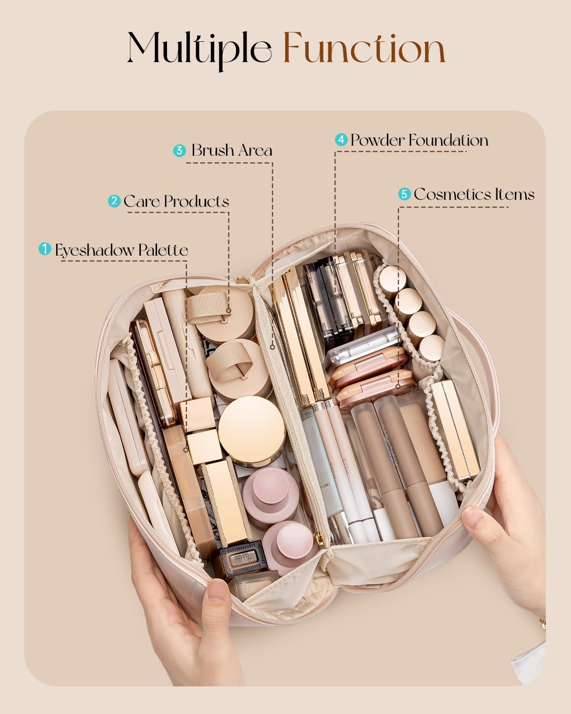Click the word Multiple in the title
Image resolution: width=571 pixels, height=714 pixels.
click(x=199, y=49)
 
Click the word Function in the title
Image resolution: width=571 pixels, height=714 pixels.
click(x=364, y=48)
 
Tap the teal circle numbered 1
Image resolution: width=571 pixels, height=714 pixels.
click(x=45, y=249)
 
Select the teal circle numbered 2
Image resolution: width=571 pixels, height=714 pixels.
click(x=114, y=201)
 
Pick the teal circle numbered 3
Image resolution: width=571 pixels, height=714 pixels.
click(x=179, y=151)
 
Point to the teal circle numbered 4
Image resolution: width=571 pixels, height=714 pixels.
click(x=341, y=140)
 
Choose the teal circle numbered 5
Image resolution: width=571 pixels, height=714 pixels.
click(x=404, y=194)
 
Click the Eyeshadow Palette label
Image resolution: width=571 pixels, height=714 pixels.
click(x=121, y=250)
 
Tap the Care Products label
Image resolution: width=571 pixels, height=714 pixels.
click(x=176, y=201)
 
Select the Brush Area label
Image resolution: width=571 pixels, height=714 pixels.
click(x=232, y=150)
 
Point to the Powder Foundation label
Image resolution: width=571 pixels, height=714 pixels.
click(x=419, y=140)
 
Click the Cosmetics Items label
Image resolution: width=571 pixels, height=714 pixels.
click(x=474, y=194)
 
